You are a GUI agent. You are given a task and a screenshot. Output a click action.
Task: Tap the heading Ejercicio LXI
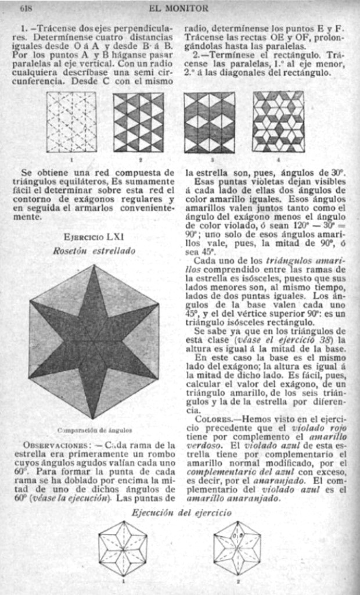[x=93, y=237]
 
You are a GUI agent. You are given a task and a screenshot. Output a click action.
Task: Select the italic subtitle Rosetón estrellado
[x=93, y=251]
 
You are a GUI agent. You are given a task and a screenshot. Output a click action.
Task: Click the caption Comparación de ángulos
[x=93, y=430]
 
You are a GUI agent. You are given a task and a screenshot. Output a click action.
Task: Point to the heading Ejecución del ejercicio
[x=181, y=512]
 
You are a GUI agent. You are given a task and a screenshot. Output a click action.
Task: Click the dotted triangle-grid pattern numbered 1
[x=71, y=122]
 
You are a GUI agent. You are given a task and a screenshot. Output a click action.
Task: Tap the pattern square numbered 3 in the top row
[x=210, y=122]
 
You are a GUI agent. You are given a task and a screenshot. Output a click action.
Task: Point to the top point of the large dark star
[x=93, y=267]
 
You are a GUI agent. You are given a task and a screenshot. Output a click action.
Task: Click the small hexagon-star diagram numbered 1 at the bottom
[x=123, y=547]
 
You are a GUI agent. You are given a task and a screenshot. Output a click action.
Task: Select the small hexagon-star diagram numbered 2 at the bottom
[x=237, y=547]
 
